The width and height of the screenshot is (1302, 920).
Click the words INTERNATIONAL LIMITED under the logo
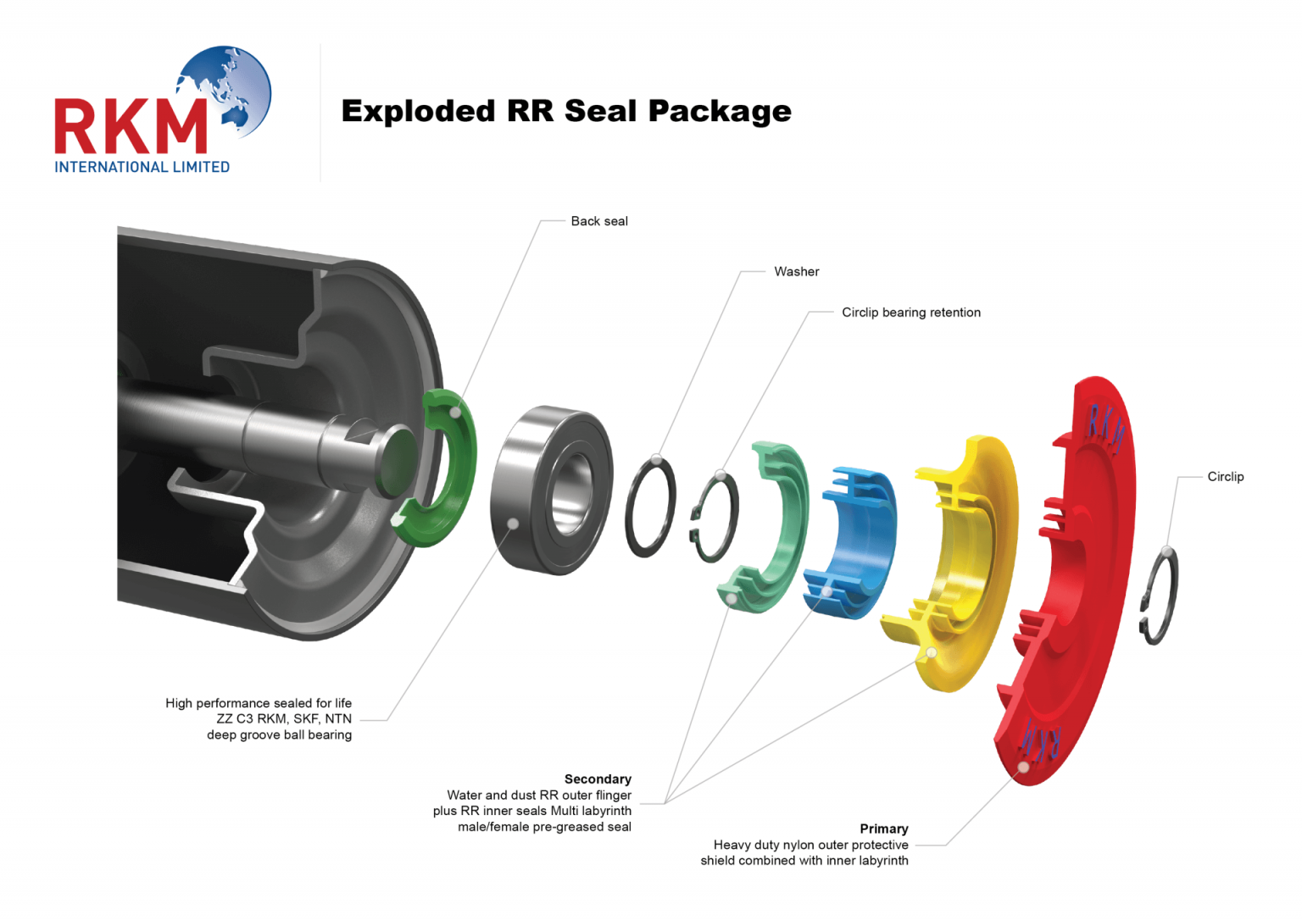click(x=142, y=167)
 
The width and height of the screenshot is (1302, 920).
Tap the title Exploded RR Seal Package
click(x=565, y=111)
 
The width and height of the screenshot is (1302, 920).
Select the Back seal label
click(x=598, y=221)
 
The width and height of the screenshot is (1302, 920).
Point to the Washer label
click(x=796, y=272)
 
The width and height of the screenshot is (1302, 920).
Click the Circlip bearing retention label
click(x=910, y=313)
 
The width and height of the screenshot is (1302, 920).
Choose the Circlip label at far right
click(x=1225, y=477)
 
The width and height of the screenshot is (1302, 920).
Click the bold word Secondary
click(x=598, y=779)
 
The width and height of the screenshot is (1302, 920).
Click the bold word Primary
click(x=883, y=829)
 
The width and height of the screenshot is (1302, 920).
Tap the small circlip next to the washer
click(x=715, y=517)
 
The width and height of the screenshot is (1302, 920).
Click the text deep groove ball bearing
click(x=279, y=734)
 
